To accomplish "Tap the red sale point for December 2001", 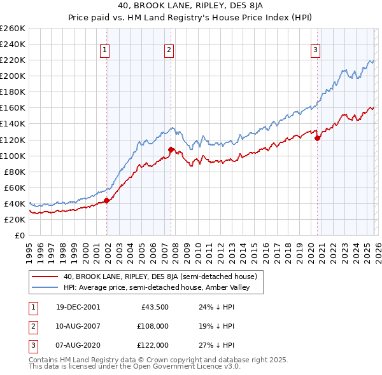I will [107, 200].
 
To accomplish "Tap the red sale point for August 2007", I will [171, 149].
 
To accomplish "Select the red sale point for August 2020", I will [317, 138].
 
